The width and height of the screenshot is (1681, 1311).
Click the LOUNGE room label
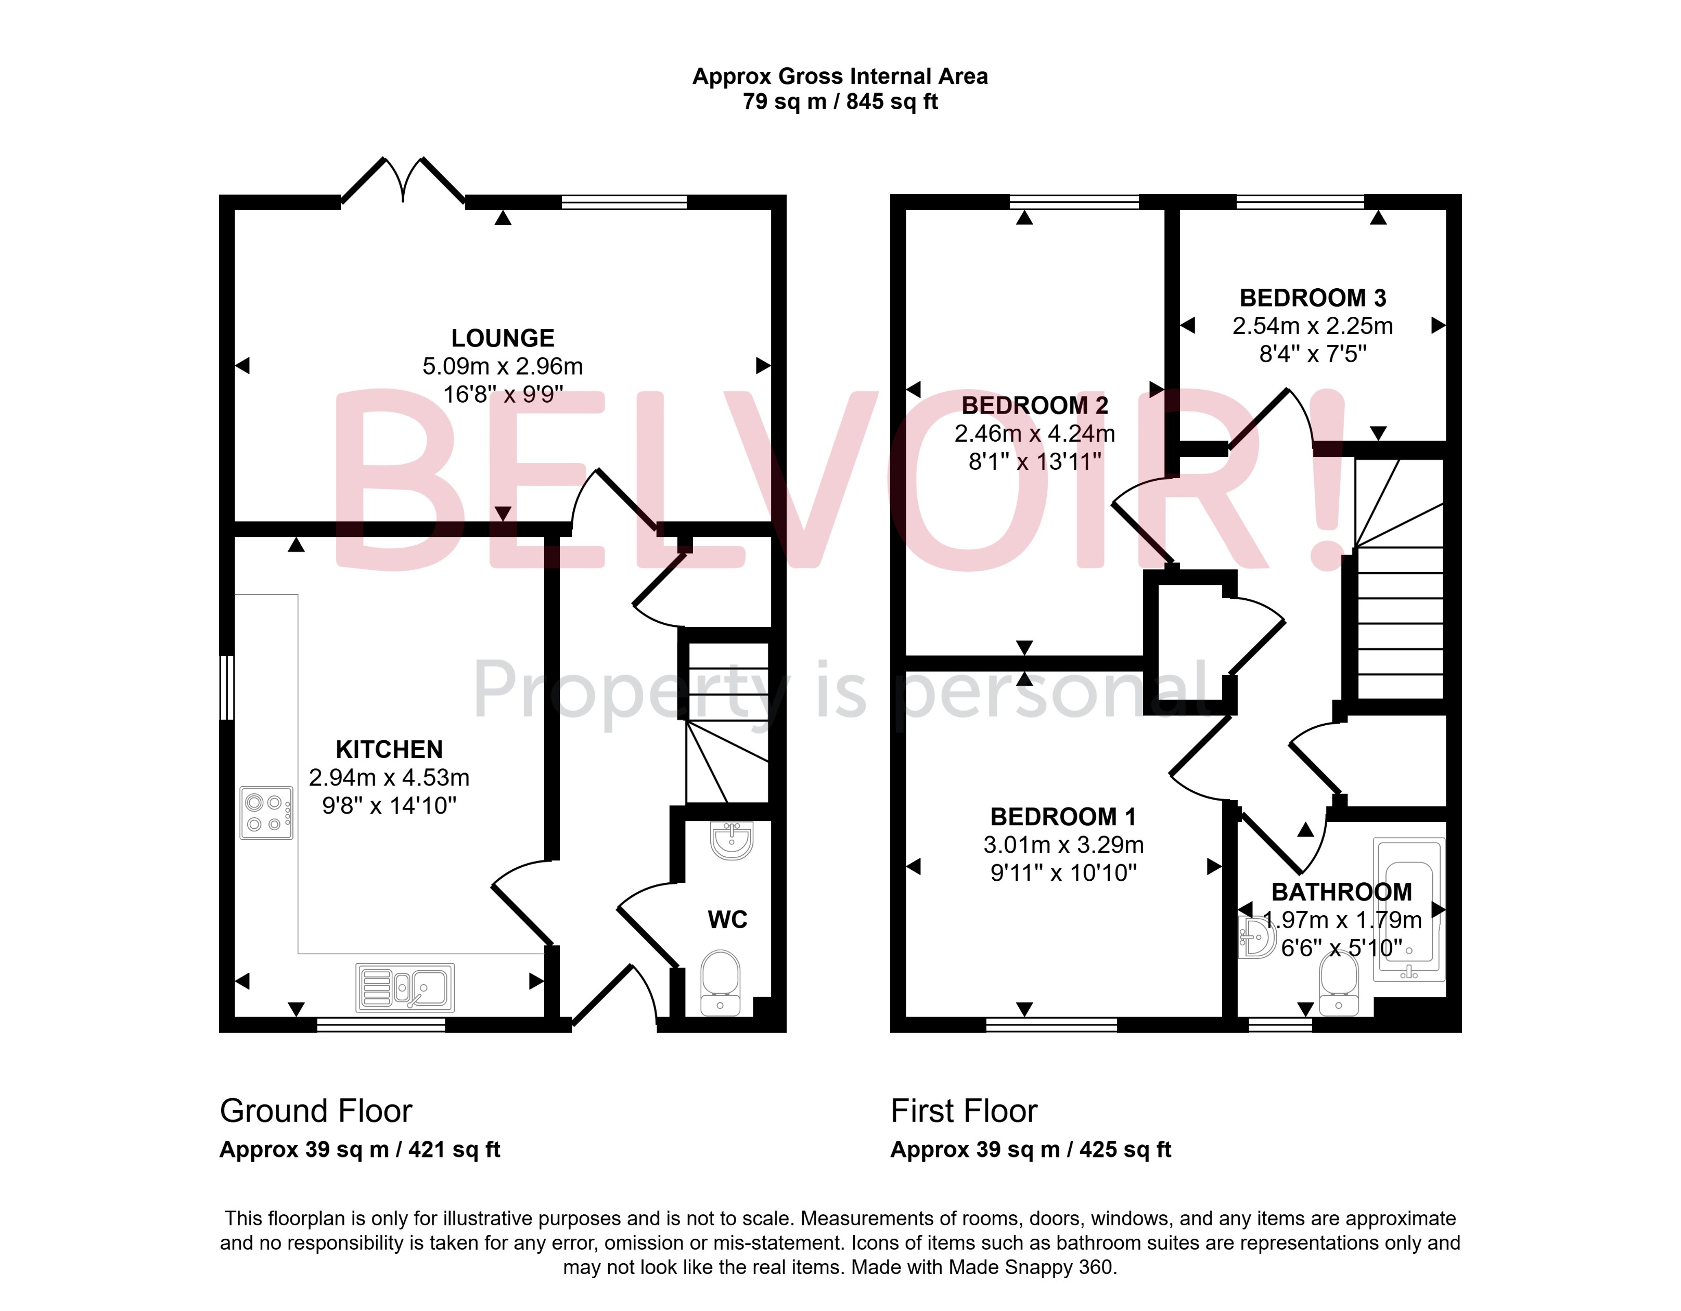click(x=503, y=338)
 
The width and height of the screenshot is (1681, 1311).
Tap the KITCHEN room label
click(x=390, y=749)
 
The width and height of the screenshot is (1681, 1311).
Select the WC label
click(x=727, y=919)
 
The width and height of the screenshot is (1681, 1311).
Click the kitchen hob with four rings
click(x=266, y=813)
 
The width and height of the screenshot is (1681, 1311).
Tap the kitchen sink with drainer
click(x=405, y=988)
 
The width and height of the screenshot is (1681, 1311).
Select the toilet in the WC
click(x=721, y=983)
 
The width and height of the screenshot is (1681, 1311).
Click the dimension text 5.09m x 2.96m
click(x=503, y=366)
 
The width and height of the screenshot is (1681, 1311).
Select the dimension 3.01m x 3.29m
click(x=1063, y=845)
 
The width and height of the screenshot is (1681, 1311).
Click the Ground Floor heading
click(x=316, y=1111)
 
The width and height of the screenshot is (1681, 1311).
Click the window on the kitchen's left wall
click(x=227, y=687)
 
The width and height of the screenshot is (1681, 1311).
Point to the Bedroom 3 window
click(x=1300, y=202)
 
